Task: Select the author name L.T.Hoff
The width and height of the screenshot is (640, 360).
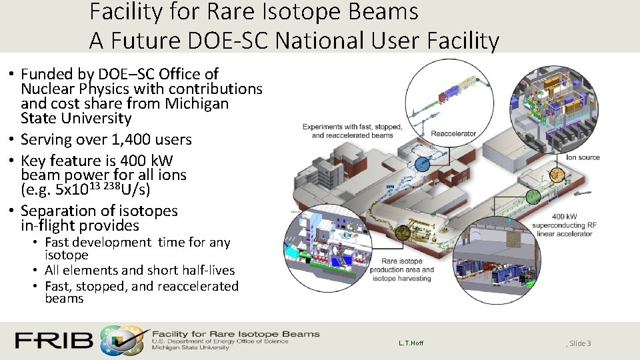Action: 411,343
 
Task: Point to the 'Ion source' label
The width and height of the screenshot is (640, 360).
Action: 583,157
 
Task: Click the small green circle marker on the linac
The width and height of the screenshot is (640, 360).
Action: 533,196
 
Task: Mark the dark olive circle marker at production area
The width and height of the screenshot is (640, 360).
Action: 403,231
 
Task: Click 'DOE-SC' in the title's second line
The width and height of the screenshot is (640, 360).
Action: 221,41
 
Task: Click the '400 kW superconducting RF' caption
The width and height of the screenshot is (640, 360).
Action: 563,225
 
